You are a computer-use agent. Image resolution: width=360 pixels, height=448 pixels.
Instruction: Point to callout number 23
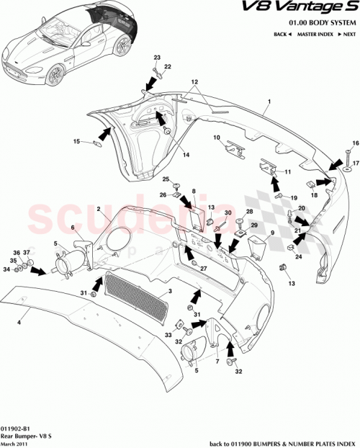coord(158,57)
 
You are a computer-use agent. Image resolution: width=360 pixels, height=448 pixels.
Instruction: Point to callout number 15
coord(76,142)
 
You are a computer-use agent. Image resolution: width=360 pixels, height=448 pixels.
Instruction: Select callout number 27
coord(204,269)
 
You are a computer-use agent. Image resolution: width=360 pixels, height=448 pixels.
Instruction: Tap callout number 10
coord(216,138)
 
